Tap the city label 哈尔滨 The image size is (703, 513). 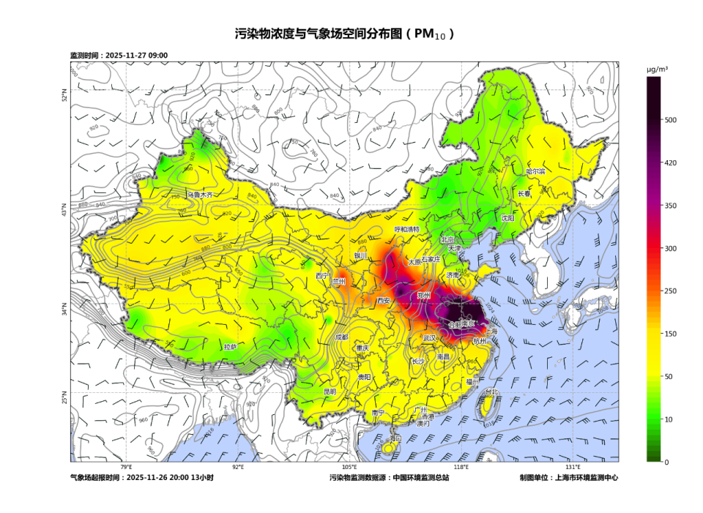tap(536, 171)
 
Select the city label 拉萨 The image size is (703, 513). tap(231, 346)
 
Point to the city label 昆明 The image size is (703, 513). tap(330, 392)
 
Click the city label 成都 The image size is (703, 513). tap(342, 337)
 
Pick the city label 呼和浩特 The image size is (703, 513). tap(407, 229)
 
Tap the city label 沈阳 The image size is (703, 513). tap(507, 218)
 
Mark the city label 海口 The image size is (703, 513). tap(395, 438)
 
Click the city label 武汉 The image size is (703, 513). tap(430, 338)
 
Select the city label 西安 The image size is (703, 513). tap(384, 301)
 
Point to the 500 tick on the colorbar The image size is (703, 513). tap(670, 120)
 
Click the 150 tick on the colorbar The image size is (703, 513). tap(670, 334)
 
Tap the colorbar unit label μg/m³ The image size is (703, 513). tap(657, 69)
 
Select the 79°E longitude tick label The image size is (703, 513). tap(126, 467)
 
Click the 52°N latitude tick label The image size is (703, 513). tap(65, 96)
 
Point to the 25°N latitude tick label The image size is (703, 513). tap(65, 399)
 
